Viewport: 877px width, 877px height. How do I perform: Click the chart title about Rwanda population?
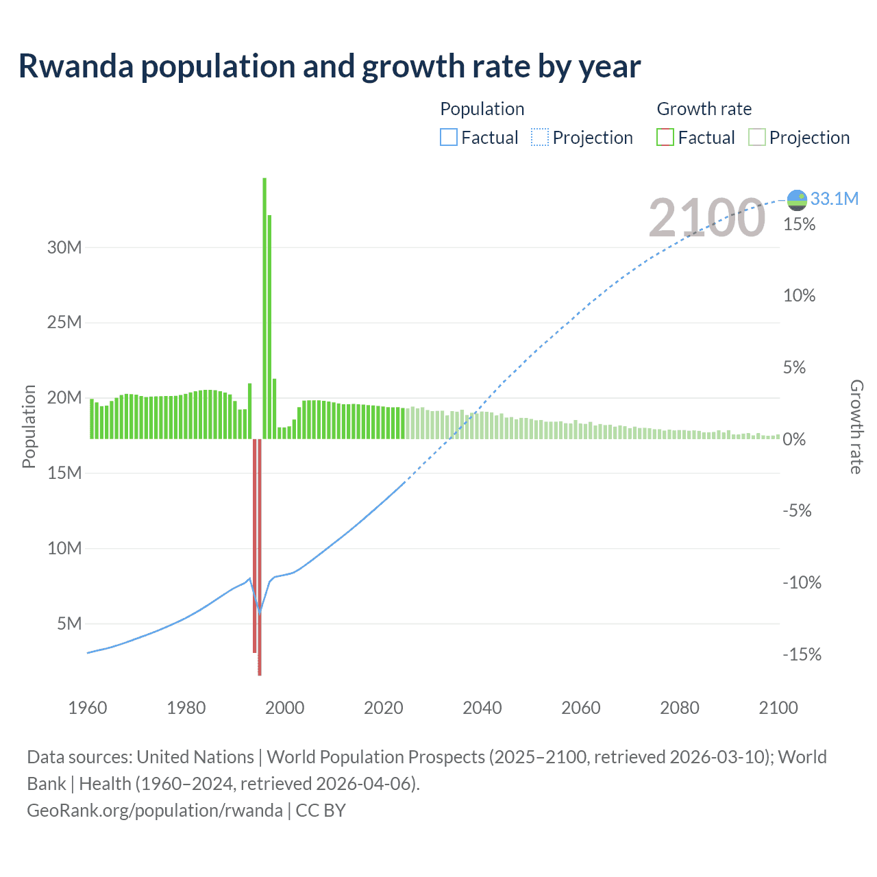[329, 66]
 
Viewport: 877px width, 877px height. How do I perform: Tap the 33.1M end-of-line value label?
[834, 199]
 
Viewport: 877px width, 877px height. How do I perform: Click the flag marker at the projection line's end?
[797, 199]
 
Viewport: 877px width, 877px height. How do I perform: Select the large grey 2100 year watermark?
[706, 218]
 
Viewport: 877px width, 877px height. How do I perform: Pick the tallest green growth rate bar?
[264, 308]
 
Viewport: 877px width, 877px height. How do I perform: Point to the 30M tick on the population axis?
[64, 247]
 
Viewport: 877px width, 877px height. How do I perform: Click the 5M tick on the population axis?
[69, 623]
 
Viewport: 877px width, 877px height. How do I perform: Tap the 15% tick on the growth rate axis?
[799, 224]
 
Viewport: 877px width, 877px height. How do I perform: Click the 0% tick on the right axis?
[794, 439]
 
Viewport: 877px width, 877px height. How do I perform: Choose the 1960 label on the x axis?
[88, 708]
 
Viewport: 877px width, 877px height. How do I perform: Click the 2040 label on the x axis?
[482, 708]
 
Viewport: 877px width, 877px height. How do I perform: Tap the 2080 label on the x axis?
[680, 708]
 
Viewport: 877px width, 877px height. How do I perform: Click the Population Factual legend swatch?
[448, 138]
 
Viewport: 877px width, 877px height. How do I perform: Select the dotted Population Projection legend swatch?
[540, 138]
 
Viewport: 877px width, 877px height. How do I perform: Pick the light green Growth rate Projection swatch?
[756, 138]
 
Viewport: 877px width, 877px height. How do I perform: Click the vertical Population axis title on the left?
[29, 426]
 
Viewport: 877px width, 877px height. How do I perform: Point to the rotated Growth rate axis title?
[856, 426]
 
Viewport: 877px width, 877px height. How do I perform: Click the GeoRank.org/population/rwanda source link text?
[155, 811]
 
